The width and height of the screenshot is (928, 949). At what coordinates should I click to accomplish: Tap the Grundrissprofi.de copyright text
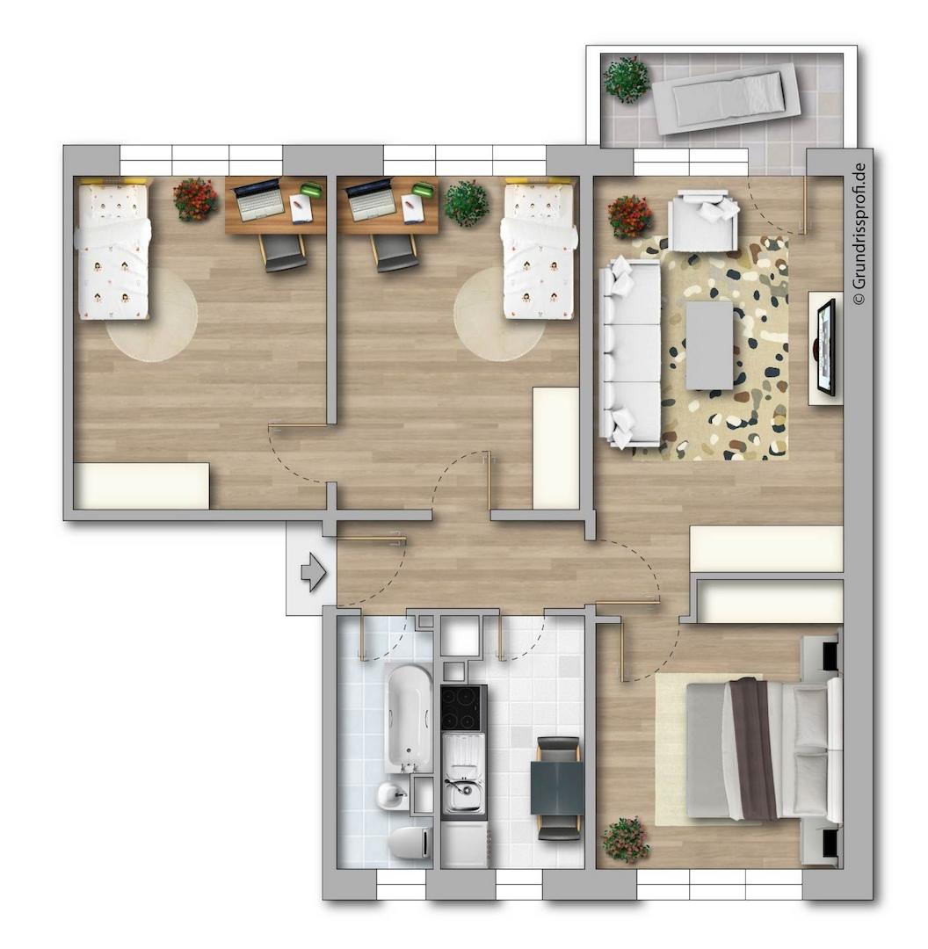coord(859,234)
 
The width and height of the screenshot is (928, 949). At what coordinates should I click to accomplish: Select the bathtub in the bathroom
coord(409,718)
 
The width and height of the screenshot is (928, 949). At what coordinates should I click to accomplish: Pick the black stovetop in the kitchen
coord(464,707)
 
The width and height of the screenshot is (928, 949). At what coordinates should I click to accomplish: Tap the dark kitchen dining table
coord(557,787)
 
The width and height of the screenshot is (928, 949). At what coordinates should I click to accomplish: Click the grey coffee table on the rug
coord(709,345)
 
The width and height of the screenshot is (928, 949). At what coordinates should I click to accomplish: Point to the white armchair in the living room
coord(703,220)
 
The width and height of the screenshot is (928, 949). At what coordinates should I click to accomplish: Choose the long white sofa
coord(630,352)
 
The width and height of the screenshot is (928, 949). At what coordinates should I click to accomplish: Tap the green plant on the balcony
coord(627,79)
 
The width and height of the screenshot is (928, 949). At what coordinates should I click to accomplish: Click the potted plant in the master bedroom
coord(626,839)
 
